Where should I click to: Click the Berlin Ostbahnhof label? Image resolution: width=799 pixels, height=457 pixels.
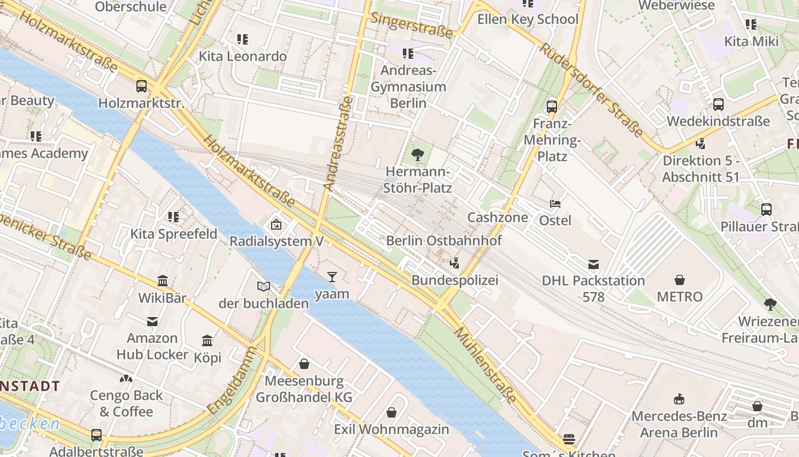(444, 240)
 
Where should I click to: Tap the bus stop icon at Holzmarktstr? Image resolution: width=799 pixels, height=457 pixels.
(141, 86)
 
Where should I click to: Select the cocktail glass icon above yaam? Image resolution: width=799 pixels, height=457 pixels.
(332, 277)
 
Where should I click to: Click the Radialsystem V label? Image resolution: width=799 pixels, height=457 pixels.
(276, 241)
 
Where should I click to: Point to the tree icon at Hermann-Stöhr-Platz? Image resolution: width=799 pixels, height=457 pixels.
(418, 154)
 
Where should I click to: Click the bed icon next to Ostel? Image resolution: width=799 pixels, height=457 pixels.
(555, 203)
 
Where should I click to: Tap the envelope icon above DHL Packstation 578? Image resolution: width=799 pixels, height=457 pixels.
(594, 264)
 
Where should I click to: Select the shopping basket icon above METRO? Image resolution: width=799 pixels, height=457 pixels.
(680, 280)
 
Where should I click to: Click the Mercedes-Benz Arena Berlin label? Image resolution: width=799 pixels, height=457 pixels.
(679, 424)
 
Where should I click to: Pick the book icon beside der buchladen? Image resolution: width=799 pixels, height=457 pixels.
(263, 286)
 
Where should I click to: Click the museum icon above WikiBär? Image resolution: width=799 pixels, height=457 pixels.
(163, 280)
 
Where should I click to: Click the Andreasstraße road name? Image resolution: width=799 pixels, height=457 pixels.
(338, 143)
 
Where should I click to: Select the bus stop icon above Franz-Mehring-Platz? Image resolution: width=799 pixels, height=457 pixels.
(551, 106)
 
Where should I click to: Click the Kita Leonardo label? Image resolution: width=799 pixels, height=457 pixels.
(243, 56)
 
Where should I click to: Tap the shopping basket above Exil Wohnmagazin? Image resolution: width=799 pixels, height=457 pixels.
(392, 412)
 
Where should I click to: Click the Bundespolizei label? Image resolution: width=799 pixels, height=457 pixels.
(455, 280)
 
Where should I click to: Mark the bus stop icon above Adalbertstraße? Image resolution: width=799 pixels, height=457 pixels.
(96, 435)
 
